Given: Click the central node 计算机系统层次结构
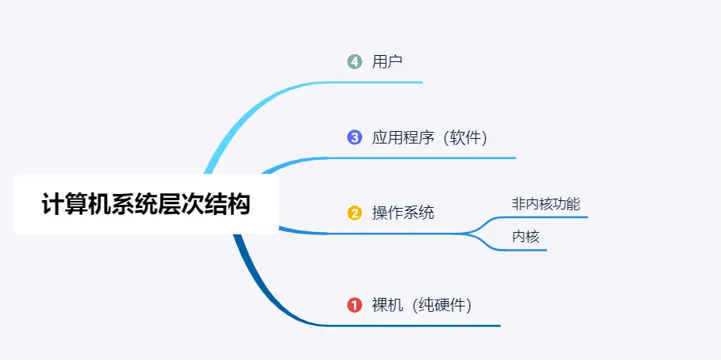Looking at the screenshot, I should pyautogui.click(x=146, y=205).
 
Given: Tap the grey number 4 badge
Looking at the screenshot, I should pyautogui.click(x=355, y=61).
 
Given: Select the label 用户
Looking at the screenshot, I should pyautogui.click(x=387, y=61).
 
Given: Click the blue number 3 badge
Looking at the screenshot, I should pyautogui.click(x=355, y=137).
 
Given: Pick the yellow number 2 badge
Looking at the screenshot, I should pyautogui.click(x=355, y=213).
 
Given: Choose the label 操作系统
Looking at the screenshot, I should pyautogui.click(x=403, y=213).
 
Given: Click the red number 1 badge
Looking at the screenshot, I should pyautogui.click(x=355, y=305).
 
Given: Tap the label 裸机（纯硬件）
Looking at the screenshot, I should pyautogui.click(x=421, y=305).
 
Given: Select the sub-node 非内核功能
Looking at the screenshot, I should pyautogui.click(x=546, y=204).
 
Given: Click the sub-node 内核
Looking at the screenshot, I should pyautogui.click(x=525, y=237).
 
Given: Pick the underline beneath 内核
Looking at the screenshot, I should pyautogui.click(x=528, y=250).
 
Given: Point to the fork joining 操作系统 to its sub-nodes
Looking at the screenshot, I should pyautogui.click(x=477, y=233).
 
